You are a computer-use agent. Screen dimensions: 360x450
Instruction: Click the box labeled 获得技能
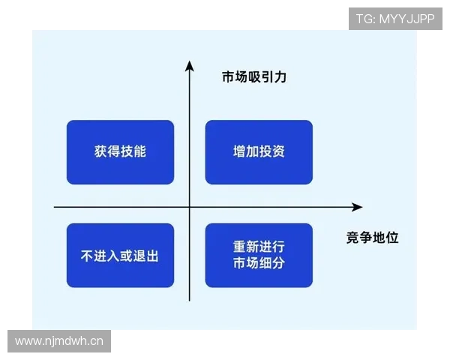(120, 152)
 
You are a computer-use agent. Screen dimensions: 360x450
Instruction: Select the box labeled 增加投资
(259, 152)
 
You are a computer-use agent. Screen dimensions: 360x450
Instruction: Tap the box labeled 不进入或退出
(120, 256)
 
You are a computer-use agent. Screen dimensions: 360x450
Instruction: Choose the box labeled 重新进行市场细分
(259, 256)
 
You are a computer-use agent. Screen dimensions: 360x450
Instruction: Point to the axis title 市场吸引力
(254, 77)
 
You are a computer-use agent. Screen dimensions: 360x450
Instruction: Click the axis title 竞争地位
(372, 238)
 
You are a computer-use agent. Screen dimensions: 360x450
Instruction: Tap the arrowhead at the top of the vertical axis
(190, 68)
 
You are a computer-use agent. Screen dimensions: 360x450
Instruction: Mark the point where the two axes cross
(190, 207)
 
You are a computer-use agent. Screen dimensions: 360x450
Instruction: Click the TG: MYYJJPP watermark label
(395, 19)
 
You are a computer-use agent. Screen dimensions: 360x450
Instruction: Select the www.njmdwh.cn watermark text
(60, 342)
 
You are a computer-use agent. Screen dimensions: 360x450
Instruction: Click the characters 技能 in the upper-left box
(133, 152)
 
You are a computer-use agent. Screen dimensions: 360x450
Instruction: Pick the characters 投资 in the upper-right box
(272, 152)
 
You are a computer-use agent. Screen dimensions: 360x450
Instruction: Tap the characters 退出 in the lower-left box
(146, 256)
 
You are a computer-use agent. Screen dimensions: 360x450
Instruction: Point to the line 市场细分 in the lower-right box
(259, 264)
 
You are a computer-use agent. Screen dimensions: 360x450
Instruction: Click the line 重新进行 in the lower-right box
(259, 247)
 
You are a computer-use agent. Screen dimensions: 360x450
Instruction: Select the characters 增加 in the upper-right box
(245, 152)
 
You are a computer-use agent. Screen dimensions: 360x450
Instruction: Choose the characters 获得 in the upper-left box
(107, 152)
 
